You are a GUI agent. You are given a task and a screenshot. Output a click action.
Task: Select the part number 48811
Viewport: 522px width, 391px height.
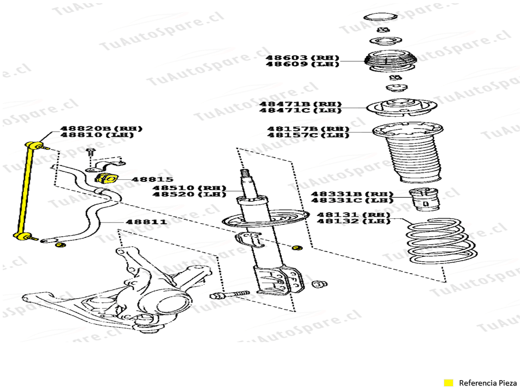pyautogui.click(x=146, y=222)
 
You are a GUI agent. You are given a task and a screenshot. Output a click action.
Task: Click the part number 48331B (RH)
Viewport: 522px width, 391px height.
pyautogui.click(x=352, y=193)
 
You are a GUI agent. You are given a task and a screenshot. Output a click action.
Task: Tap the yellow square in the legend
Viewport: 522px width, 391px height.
pyautogui.click(x=448, y=383)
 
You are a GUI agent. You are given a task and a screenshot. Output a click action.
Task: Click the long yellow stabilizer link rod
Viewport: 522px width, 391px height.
pyautogui.click(x=24, y=190)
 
